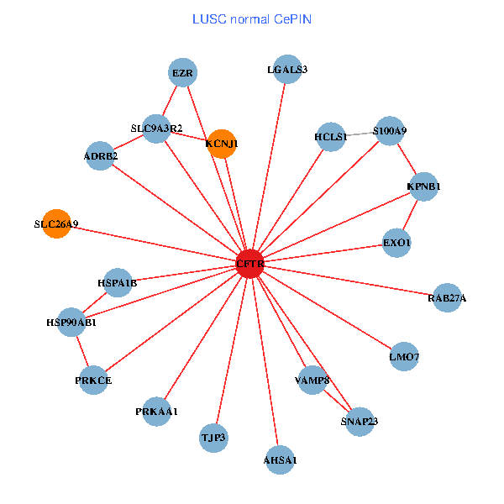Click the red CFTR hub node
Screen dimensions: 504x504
point(250,263)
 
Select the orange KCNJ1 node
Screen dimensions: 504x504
point(221,144)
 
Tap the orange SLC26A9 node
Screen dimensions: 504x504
point(56,223)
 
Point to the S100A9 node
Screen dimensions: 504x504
point(390,131)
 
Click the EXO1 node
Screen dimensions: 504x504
point(396,243)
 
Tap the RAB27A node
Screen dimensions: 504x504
point(447,298)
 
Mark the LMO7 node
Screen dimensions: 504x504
point(404,357)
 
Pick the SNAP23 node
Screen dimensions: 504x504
point(360,422)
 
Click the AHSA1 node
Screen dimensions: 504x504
point(281,459)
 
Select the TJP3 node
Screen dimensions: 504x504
point(214,438)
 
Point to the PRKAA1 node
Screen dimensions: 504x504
point(157,411)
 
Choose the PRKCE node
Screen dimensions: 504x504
point(93,381)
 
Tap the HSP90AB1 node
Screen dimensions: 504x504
point(71,323)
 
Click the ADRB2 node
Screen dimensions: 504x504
point(101,156)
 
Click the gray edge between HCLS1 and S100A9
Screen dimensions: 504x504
point(360,134)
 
